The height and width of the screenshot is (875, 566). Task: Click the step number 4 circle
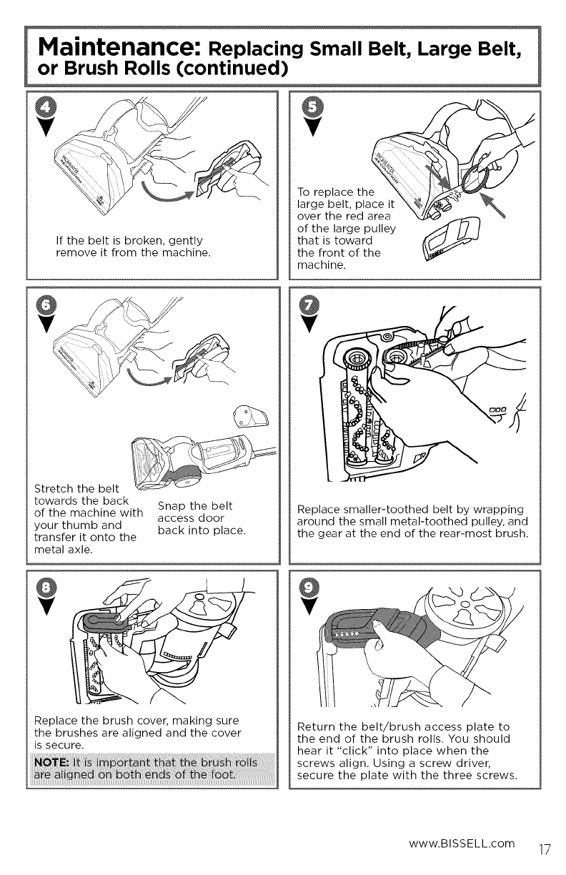point(46,107)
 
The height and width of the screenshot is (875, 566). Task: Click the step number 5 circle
point(312,107)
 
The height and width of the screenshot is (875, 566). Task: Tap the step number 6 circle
point(46,305)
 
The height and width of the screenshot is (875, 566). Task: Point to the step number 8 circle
point(46,587)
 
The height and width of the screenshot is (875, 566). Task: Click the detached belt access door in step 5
point(450,238)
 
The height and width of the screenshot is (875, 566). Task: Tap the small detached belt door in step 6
point(251,416)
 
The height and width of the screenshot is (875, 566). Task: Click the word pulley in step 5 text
point(379,229)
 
